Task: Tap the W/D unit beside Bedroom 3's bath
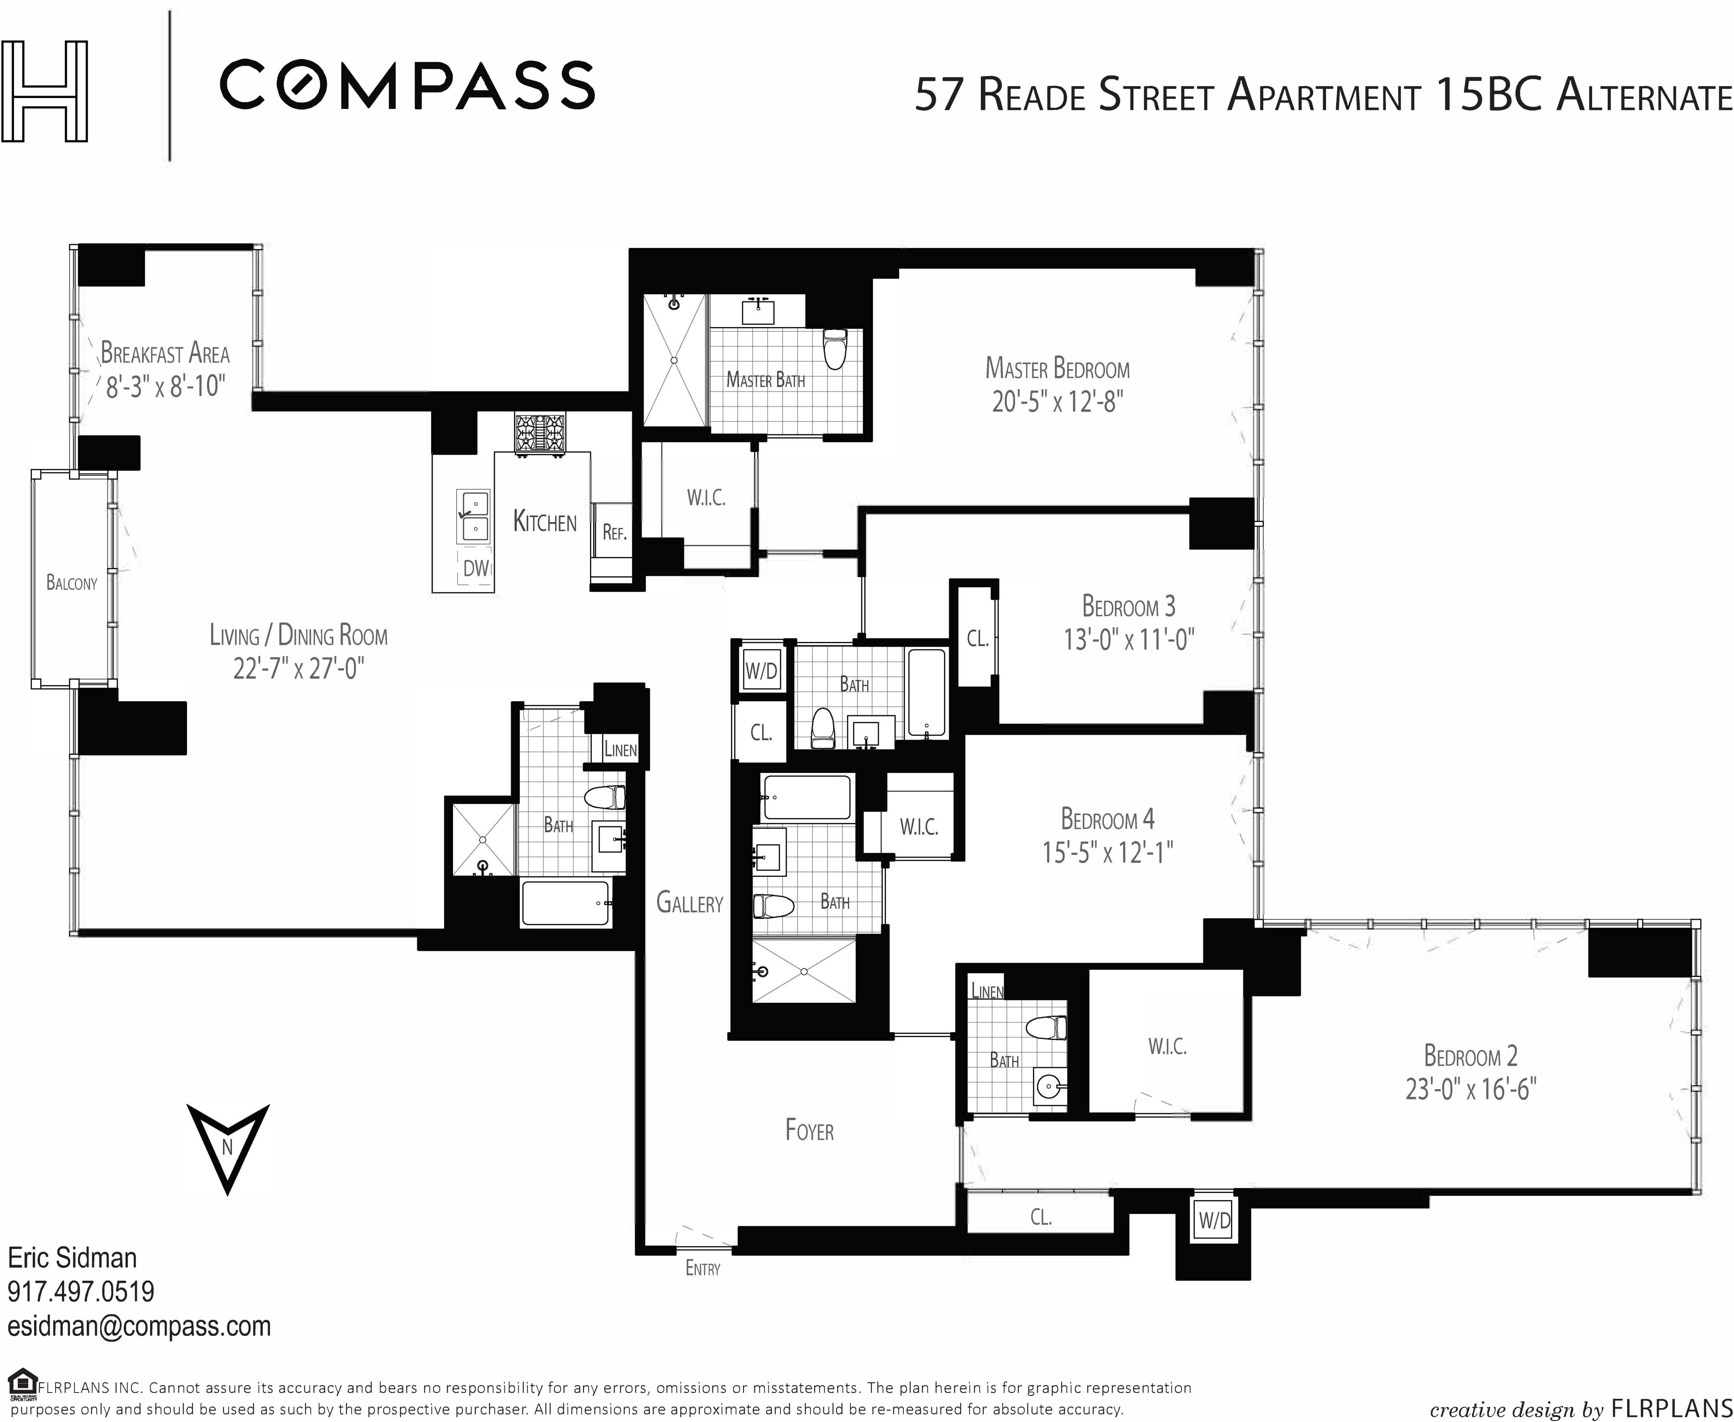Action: coord(761,672)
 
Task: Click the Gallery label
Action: coord(690,903)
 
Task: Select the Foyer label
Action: coord(809,1131)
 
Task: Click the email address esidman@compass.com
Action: coord(139,1326)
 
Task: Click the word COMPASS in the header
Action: coord(407,84)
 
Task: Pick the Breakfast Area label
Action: coord(165,353)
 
